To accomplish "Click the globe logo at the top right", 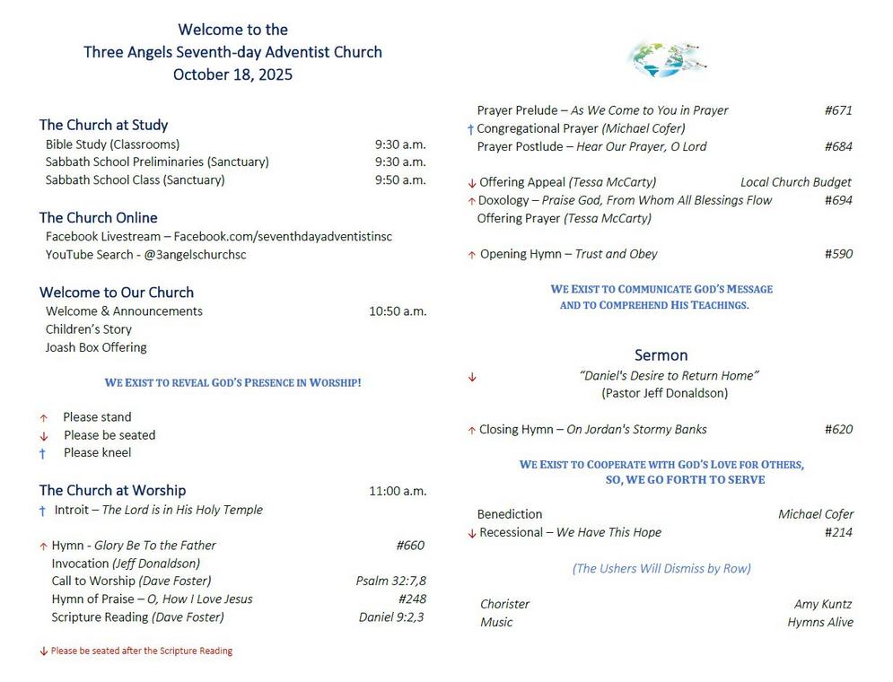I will (667, 59).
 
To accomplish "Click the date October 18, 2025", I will (232, 74).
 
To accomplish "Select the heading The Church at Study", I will (103, 125).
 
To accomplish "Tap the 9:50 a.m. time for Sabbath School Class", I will (400, 179).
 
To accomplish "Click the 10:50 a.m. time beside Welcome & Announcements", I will (398, 311).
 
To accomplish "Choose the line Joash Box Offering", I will (96, 347).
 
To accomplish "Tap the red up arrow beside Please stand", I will (43, 418).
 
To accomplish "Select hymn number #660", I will (410, 545).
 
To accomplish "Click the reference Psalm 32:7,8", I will (390, 581).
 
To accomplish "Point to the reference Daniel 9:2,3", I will (391, 616).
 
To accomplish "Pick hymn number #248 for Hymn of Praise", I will (412, 599).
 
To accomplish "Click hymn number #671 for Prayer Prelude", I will (838, 110).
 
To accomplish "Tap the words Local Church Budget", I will (795, 182).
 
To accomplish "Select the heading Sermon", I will (661, 354).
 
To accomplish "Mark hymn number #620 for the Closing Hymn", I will (838, 429).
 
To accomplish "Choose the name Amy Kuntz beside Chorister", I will (823, 604).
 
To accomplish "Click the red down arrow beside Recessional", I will (472, 533).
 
